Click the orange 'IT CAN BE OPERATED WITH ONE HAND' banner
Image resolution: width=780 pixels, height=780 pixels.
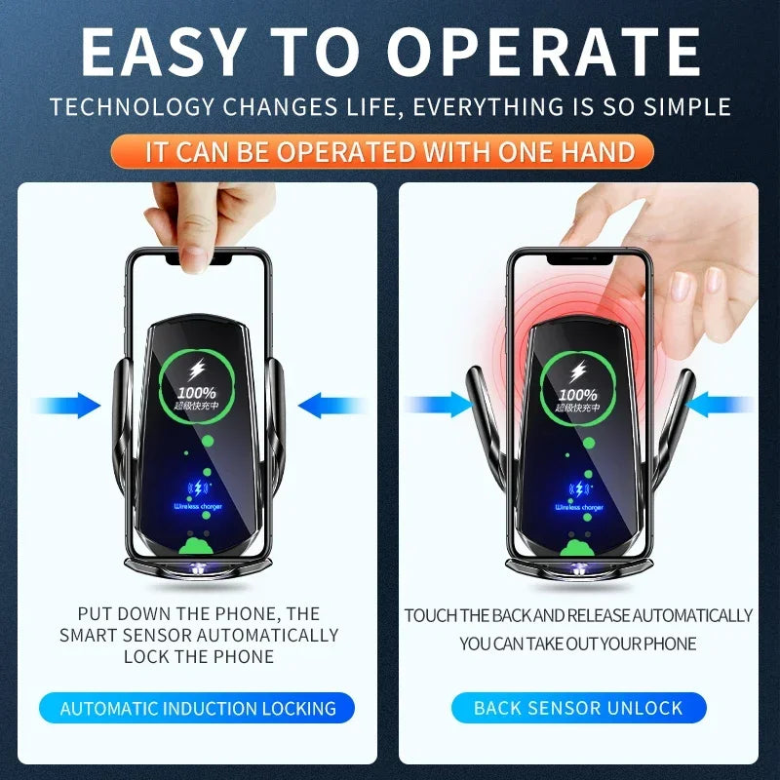(x=390, y=151)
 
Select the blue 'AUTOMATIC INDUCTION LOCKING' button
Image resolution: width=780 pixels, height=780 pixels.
(x=198, y=708)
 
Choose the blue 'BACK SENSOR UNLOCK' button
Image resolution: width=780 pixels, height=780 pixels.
(x=578, y=708)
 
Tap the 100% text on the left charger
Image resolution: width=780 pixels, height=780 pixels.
(x=198, y=392)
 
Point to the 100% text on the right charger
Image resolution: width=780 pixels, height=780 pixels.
(x=579, y=394)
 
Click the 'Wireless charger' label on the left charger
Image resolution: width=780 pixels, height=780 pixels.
(x=198, y=506)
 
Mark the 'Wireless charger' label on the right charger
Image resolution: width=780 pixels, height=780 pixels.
(x=579, y=507)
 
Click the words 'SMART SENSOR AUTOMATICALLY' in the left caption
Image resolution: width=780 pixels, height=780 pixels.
(x=199, y=635)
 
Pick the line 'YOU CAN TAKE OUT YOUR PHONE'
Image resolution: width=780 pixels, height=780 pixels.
(x=578, y=643)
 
